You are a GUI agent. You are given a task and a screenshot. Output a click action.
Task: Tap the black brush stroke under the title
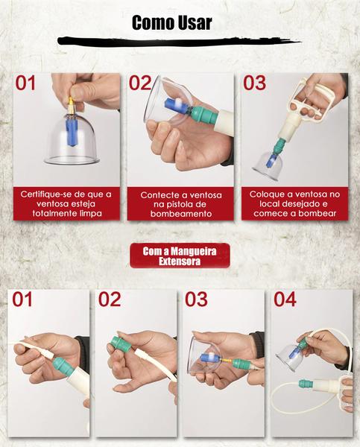click(179, 41)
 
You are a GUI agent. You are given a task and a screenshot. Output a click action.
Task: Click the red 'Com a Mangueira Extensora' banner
click(180, 256)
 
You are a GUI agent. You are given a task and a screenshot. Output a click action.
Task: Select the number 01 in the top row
click(25, 83)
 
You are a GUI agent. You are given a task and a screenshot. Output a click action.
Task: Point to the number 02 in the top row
click(139, 83)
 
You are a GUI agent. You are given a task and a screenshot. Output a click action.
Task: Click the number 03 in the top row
click(254, 83)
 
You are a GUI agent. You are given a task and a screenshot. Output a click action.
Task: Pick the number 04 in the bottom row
click(285, 299)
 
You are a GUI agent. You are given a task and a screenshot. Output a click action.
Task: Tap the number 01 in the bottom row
click(22, 299)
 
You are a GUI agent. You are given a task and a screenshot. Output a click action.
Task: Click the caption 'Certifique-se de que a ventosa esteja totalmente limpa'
click(66, 203)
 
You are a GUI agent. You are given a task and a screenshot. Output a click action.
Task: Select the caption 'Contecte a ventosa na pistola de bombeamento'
click(181, 204)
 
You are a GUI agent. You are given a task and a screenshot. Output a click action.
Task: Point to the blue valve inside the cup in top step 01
click(71, 132)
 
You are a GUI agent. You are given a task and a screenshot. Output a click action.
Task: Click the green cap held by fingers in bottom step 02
click(120, 345)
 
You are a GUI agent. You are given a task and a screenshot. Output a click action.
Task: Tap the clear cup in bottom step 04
click(287, 357)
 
